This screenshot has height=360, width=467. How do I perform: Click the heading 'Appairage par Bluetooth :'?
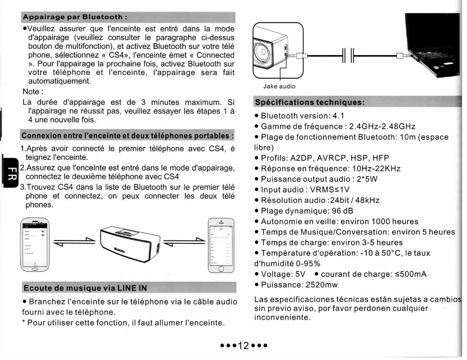click(74, 17)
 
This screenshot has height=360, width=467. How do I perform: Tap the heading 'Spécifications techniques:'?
click(309, 102)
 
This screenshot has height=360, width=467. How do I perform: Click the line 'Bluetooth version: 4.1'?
click(303, 116)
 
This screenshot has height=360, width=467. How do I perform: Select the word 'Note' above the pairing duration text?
click(32, 92)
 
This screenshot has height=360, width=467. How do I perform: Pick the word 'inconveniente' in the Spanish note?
click(282, 317)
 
